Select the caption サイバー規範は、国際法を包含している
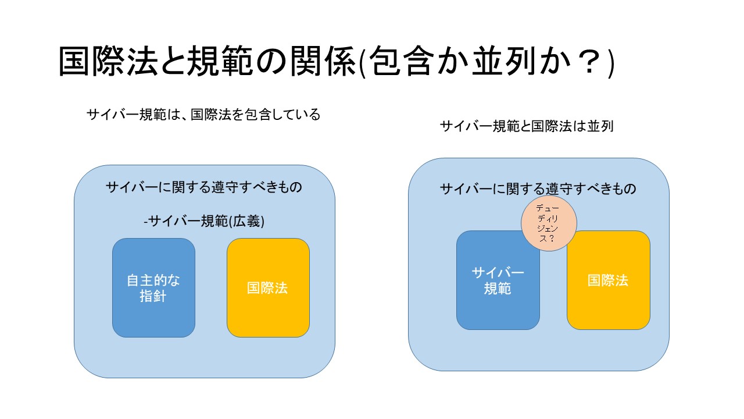tap(203, 115)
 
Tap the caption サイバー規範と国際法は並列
tap(527, 126)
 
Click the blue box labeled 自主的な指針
tap(153, 287)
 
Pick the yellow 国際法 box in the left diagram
tap(268, 287)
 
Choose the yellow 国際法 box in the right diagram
tap(608, 280)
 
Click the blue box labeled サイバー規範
tap(498, 280)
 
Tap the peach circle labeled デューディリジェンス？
tap(549, 223)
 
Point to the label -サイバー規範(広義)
tap(204, 221)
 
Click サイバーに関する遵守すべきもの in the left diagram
tap(204, 187)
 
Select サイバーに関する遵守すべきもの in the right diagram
tap(538, 189)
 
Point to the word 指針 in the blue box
tap(153, 296)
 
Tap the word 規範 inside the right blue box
tap(497, 289)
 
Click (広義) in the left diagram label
tap(247, 221)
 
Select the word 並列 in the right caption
tap(600, 126)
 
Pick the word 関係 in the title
tap(323, 62)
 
